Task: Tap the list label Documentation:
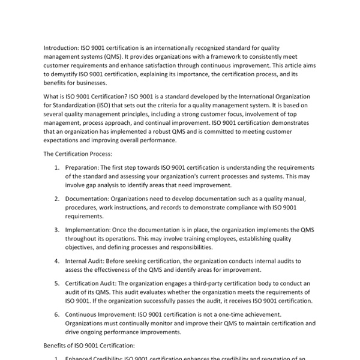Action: pyautogui.click(x=92, y=199)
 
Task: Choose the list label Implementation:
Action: pyautogui.click(x=93, y=229)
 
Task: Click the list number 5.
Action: pyautogui.click(x=56, y=283)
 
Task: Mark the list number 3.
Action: pyautogui.click(x=56, y=229)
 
